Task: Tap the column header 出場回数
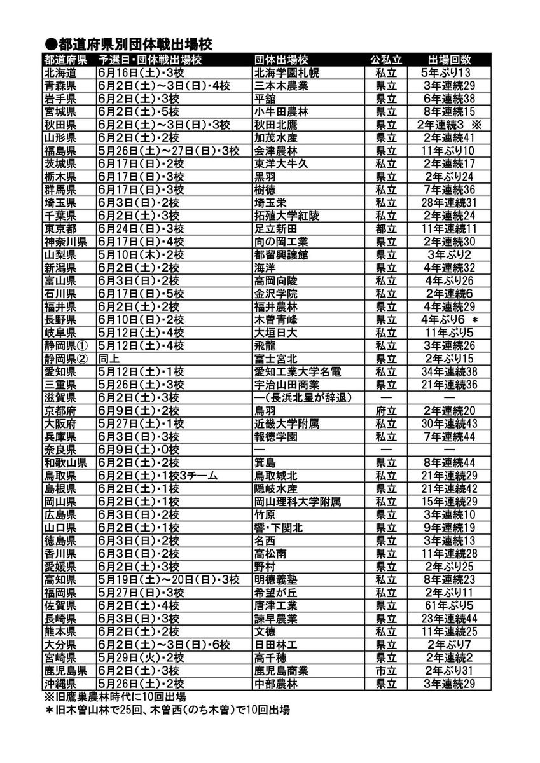(449, 60)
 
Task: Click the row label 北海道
(61, 72)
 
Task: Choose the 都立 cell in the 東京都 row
(386, 228)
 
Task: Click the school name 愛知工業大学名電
(298, 372)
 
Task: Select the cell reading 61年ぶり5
(449, 605)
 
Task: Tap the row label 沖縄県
(61, 684)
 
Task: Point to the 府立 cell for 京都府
(386, 411)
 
